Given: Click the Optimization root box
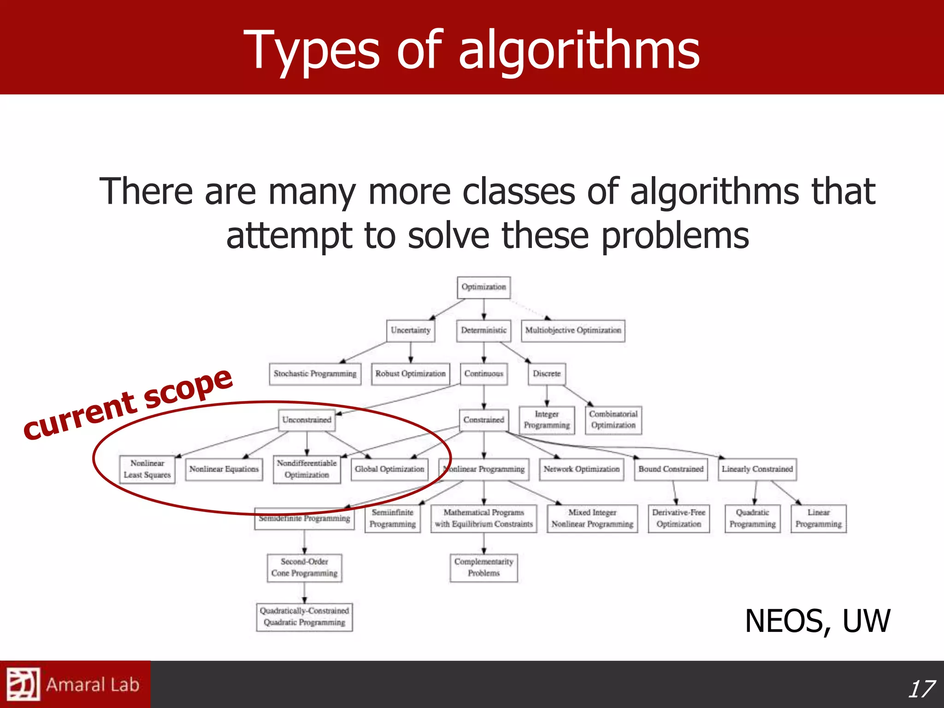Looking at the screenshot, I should (484, 287).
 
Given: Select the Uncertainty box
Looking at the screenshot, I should (410, 330).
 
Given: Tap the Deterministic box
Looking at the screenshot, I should (484, 330).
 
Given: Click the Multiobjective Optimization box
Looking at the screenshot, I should (573, 330).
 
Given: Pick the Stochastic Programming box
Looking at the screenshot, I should (315, 374).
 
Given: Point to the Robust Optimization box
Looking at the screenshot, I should (410, 374).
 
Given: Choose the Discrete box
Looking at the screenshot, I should (547, 374).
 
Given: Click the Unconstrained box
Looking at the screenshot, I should (307, 420).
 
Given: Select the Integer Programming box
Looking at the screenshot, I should (547, 420).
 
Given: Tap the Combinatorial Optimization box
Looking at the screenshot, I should (613, 420).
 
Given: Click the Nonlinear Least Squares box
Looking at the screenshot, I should (147, 469).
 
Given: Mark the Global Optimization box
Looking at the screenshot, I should (389, 469).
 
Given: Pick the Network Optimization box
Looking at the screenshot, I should (581, 469).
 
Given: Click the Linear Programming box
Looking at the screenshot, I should (819, 519).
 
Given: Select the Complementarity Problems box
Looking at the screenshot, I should (484, 567).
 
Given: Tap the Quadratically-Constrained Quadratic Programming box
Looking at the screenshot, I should (304, 617).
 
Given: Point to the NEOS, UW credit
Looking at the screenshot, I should (817, 621).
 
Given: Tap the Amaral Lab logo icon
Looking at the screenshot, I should (23, 684).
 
